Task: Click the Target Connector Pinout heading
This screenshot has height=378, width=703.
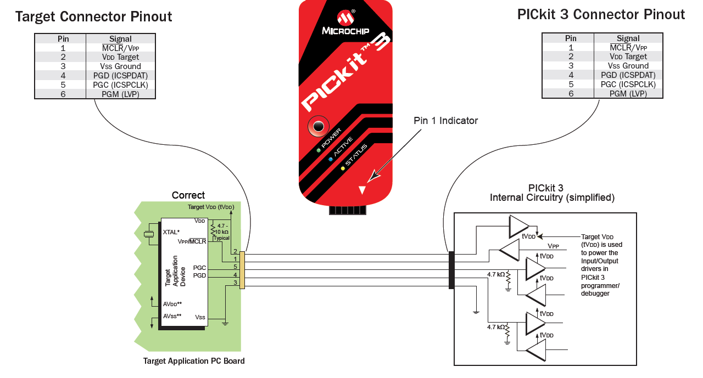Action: pyautogui.click(x=94, y=16)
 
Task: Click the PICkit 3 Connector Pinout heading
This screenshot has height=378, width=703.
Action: pyautogui.click(x=601, y=15)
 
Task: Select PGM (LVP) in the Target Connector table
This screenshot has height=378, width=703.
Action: pyautogui.click(x=120, y=94)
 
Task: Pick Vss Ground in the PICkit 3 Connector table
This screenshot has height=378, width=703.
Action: pyautogui.click(x=628, y=66)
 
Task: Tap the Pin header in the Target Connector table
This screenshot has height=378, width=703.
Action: pyautogui.click(x=63, y=39)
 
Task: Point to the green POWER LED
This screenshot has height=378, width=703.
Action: pyautogui.click(x=319, y=150)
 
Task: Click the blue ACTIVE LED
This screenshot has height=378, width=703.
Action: pyautogui.click(x=331, y=159)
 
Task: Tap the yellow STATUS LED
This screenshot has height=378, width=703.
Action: pyautogui.click(x=343, y=168)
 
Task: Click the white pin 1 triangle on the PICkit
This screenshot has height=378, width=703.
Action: pyautogui.click(x=362, y=190)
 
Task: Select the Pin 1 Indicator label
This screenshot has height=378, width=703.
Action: pyautogui.click(x=445, y=121)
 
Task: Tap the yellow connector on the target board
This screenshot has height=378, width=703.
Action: pyautogui.click(x=242, y=270)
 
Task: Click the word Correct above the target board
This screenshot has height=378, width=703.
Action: pyautogui.click(x=188, y=195)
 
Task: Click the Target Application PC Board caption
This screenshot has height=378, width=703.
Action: pyautogui.click(x=194, y=361)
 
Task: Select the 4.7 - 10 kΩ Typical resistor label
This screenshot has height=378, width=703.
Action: pyautogui.click(x=222, y=232)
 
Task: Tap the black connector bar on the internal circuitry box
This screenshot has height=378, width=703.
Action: pyautogui.click(x=451, y=270)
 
